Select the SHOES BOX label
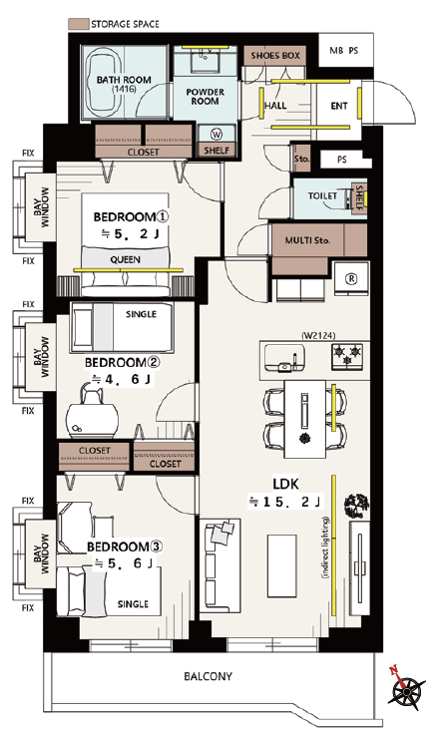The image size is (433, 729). point(275,56)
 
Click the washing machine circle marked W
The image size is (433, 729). point(216,135)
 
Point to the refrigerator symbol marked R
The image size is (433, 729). point(351,278)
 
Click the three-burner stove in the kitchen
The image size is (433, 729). point(347,356)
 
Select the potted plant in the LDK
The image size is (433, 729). point(357,506)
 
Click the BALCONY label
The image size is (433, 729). point(208,676)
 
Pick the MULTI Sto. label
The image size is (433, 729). point(307,240)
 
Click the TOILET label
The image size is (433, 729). point(322,195)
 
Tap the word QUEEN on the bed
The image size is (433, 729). point(125,259)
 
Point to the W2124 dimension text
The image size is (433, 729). point(318,335)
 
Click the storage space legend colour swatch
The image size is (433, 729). point(78,24)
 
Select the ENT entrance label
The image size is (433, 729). point(339,106)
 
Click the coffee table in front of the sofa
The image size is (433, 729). point(281,565)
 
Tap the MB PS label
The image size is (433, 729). point(344,50)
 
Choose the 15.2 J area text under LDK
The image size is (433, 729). point(284,502)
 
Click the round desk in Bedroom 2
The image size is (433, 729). point(92,420)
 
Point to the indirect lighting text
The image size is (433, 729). point(325,547)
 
